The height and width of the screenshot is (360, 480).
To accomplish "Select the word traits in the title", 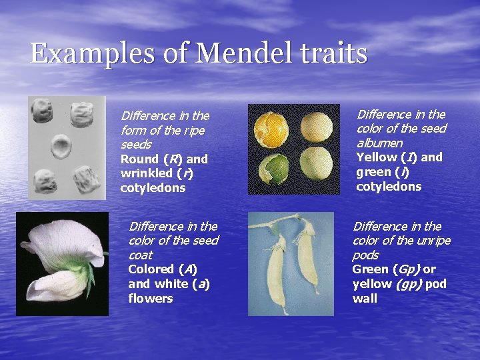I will pyautogui.click(x=333, y=53).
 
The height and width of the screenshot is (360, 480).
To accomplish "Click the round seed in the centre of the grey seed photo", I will pyautogui.click(x=61, y=145).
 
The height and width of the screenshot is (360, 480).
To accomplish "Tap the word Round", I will pyautogui.click(x=139, y=159).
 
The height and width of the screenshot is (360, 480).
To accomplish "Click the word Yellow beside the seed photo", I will pyautogui.click(x=377, y=157).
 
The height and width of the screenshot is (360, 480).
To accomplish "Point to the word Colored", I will pyautogui.click(x=151, y=269).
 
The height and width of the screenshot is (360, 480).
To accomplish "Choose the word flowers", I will pyautogui.click(x=150, y=298).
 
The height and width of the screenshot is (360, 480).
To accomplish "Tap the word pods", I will pyautogui.click(x=365, y=255).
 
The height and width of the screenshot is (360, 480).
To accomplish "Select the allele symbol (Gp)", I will pyautogui.click(x=405, y=269).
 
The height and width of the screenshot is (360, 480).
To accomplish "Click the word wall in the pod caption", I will pyautogui.click(x=365, y=298).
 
